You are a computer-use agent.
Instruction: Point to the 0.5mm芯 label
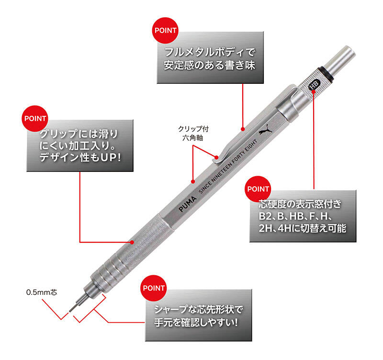pos(42,292)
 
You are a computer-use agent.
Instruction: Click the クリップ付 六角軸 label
pos(193,134)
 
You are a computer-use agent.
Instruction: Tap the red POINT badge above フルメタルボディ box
pos(165,30)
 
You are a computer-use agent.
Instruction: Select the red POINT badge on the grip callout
pos(35,118)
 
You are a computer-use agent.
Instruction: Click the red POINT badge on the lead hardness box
pos(258,189)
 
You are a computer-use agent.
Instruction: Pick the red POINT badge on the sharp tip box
pos(154,288)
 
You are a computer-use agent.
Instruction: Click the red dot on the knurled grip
pos(132,242)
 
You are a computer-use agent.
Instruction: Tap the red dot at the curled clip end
pos(217,157)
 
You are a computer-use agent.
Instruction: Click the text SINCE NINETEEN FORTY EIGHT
pos(228,166)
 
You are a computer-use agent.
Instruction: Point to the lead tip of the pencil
pos(70,311)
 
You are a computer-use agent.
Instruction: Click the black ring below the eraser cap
pos(326,73)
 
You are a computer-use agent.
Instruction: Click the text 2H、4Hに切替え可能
pos(303,229)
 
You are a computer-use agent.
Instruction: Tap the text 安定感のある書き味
pos(210,66)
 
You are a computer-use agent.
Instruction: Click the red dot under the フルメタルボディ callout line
pos(243,129)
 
